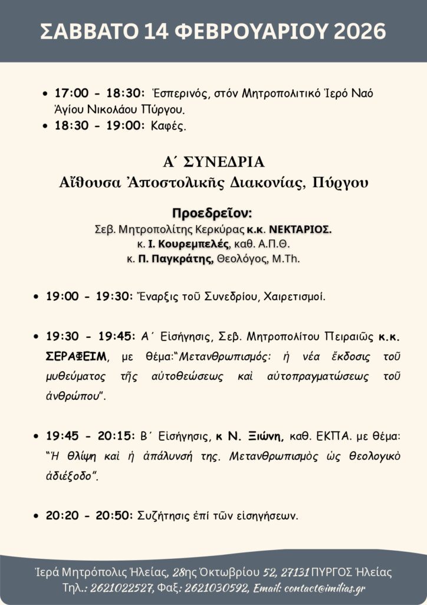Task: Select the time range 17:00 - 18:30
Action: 100,93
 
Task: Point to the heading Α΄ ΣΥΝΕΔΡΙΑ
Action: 213,162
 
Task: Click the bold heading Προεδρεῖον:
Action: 212,213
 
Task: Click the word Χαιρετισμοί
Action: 293,297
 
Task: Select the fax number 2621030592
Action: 216,588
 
